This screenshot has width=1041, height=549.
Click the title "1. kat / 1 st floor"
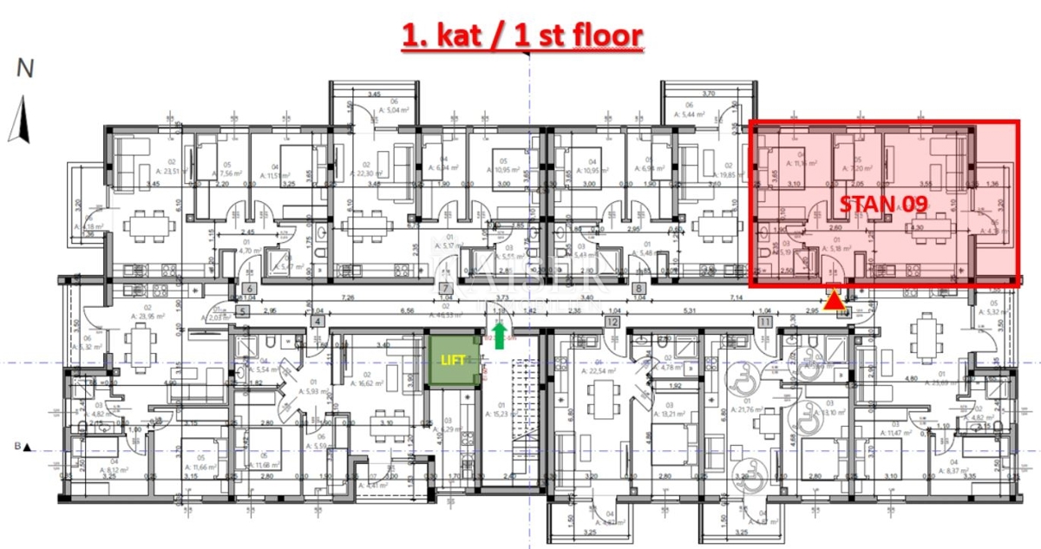pos(522,36)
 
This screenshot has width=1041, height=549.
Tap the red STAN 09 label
pos(883,204)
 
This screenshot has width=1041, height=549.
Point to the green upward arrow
pos(500,334)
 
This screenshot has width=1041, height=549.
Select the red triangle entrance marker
pos(834,300)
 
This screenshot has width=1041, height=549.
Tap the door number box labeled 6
pos(248,290)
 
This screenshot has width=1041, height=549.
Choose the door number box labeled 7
pos(446,290)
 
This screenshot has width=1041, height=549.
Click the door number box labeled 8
pos(639,290)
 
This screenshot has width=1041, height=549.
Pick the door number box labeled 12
pos(613,322)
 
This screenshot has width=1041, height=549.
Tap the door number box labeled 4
pos(318,322)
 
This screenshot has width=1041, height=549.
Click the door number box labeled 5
pos(242,310)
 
